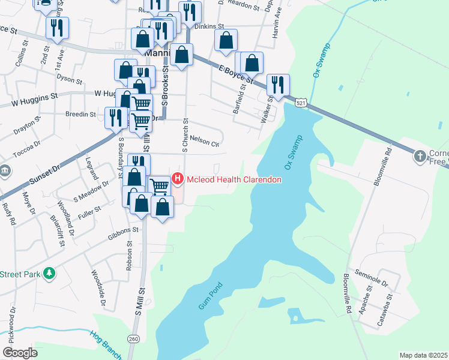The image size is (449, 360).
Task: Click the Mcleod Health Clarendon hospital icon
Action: (x=178, y=179)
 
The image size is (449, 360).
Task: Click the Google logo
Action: (x=20, y=353)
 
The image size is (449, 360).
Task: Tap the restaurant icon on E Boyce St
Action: (x=278, y=85)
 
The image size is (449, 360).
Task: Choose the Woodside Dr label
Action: (x=98, y=290)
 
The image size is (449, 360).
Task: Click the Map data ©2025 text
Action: (x=423, y=355)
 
